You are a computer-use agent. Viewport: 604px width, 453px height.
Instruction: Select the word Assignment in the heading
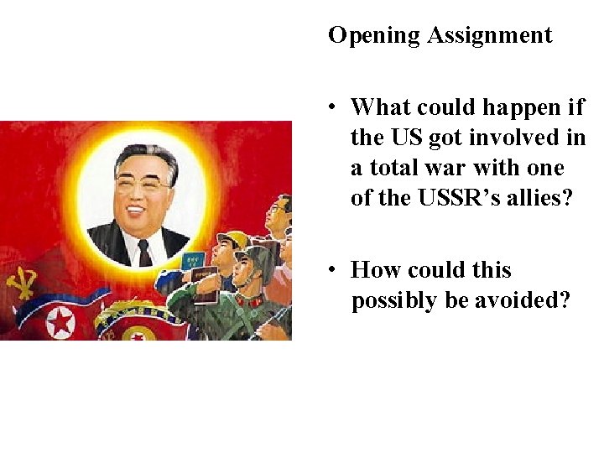[490, 36]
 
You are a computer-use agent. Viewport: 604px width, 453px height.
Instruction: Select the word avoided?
[522, 300]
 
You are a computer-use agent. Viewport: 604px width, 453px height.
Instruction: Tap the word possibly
[393, 300]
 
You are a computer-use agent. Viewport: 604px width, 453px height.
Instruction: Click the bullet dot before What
[334, 107]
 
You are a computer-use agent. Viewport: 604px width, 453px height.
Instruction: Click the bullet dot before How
[334, 270]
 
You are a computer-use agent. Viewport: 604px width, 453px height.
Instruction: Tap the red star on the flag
[61, 321]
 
